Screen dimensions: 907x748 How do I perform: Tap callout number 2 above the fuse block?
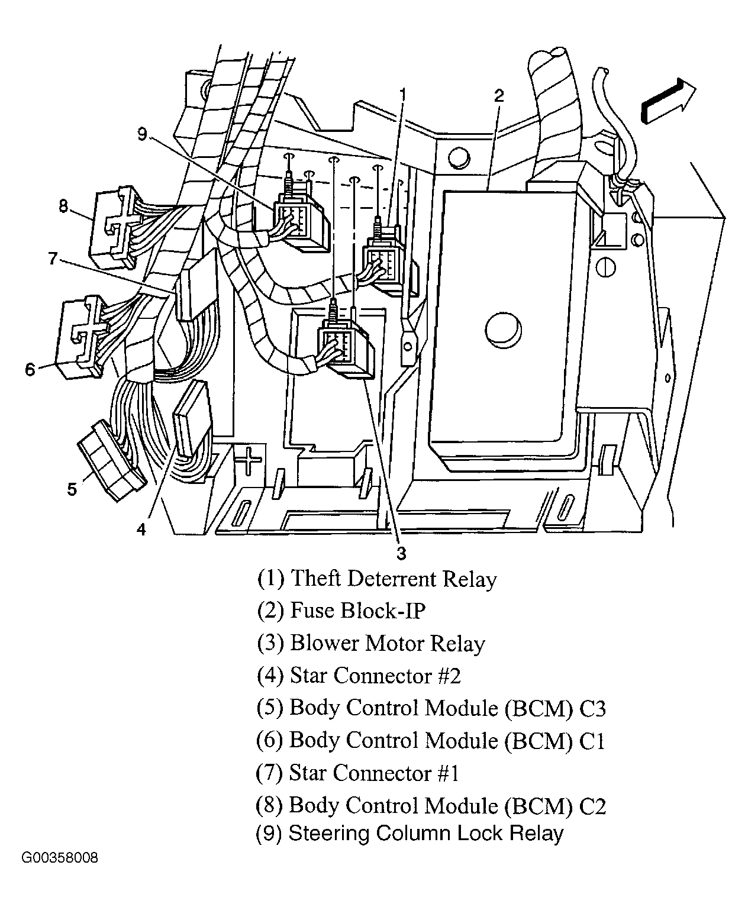coord(499,96)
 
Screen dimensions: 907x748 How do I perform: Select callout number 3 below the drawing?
coord(401,553)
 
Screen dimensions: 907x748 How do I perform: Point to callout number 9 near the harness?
coord(142,134)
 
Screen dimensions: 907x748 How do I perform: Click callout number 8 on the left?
coord(63,206)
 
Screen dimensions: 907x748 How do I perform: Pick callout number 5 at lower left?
coord(72,489)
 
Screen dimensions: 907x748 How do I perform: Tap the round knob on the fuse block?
coord(502,328)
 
